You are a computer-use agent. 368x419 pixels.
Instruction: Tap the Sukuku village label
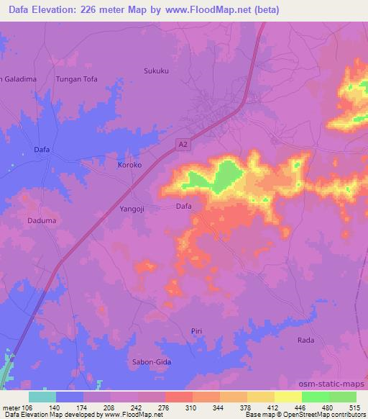[x=155, y=71]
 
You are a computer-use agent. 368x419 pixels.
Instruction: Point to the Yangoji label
[x=132, y=209]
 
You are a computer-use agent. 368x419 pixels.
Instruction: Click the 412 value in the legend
[x=275, y=407]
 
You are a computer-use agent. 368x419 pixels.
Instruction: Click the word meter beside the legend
[x=11, y=407]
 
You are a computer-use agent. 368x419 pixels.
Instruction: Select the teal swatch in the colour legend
[x=42, y=397]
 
